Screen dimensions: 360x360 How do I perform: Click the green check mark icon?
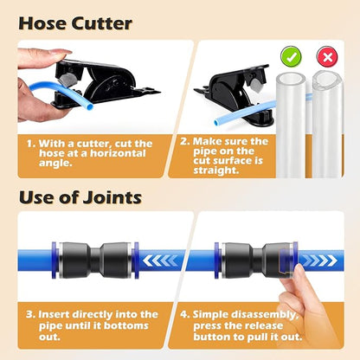click(x=291, y=57)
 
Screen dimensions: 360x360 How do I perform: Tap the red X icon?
click(x=327, y=57)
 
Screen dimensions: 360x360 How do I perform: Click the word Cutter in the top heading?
click(x=102, y=23)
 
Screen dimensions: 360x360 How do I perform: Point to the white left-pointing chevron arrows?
click(x=160, y=260)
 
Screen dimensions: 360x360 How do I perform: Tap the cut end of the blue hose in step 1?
click(x=90, y=106)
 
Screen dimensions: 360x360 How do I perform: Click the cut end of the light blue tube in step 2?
click(x=216, y=123)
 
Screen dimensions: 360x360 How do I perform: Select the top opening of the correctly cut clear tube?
click(x=291, y=79)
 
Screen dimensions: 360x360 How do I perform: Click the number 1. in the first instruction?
click(x=31, y=144)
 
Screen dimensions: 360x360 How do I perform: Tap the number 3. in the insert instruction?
click(x=30, y=314)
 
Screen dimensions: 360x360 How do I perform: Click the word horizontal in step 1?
click(x=118, y=153)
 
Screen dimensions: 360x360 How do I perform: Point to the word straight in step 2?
click(x=216, y=170)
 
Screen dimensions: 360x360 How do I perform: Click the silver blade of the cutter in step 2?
click(x=255, y=84)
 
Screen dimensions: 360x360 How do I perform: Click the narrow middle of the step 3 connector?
click(x=95, y=260)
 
